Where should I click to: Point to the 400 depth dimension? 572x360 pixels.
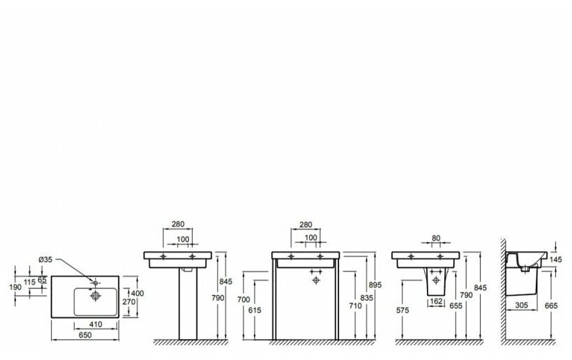point(138,293)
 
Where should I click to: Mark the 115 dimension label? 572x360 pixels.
point(31,281)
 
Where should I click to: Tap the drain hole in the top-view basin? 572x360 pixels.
point(94,295)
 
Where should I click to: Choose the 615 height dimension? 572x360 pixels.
point(255,310)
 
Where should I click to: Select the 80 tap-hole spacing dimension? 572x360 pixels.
point(436,239)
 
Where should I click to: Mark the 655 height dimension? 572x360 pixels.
point(456,305)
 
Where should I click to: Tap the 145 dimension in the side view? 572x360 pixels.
point(555,259)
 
